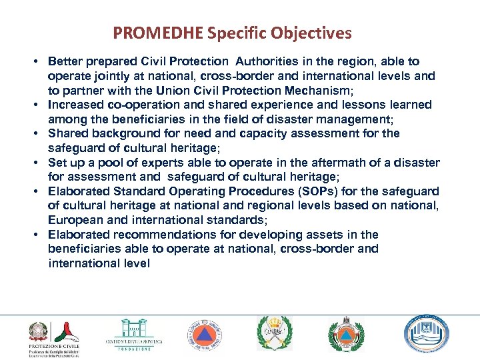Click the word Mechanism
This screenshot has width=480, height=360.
coord(318,90)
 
